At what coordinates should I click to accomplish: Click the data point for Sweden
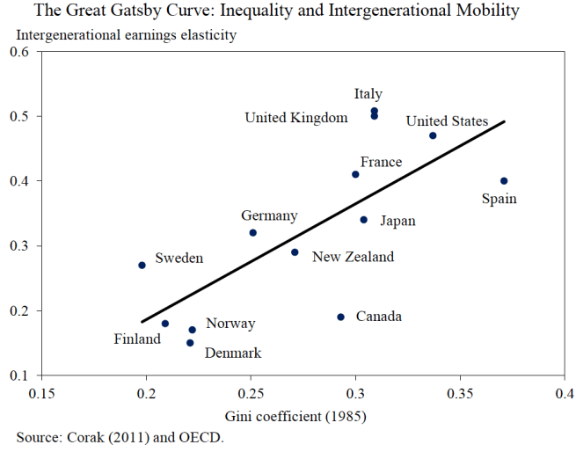(x=142, y=265)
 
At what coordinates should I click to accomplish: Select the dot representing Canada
(x=340, y=317)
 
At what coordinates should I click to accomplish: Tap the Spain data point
(x=504, y=181)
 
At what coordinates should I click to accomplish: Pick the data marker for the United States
(x=433, y=135)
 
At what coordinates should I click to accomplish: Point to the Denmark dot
(x=190, y=343)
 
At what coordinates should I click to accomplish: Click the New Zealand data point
(x=295, y=252)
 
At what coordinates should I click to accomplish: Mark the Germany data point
(x=252, y=233)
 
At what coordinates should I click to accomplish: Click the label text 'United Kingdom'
(x=296, y=118)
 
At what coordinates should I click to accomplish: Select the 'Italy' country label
(x=368, y=94)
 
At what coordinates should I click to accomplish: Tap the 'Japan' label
(x=397, y=222)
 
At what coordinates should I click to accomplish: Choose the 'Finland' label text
(x=137, y=339)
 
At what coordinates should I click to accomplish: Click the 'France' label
(x=381, y=163)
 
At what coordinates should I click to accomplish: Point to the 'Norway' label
(x=230, y=324)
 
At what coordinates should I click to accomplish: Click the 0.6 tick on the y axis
(x=18, y=52)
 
